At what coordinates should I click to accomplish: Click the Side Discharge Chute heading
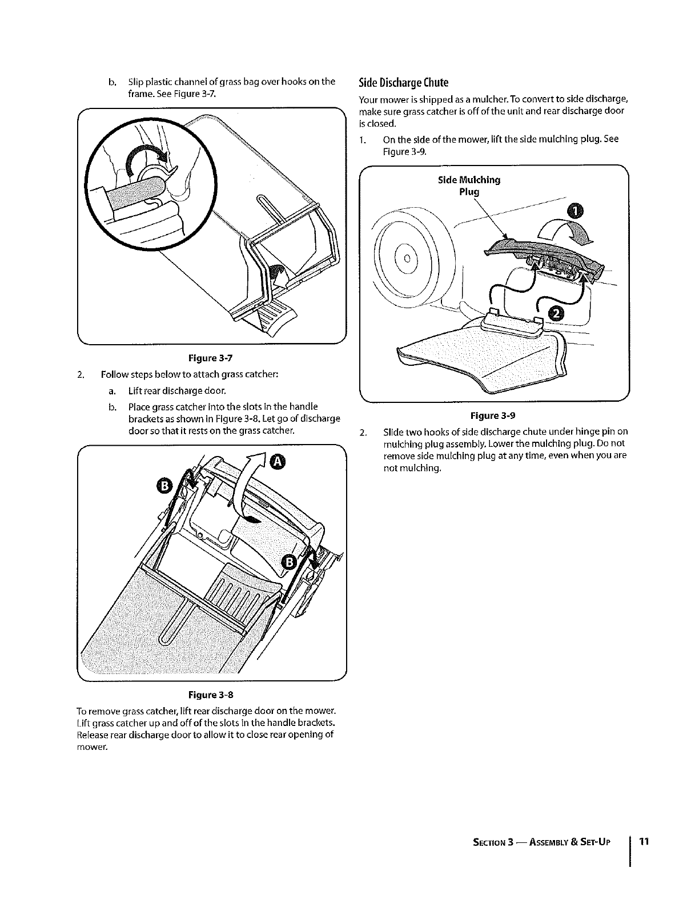click(403, 82)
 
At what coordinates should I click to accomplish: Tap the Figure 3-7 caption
click(210, 358)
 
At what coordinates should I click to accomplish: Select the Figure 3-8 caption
click(211, 695)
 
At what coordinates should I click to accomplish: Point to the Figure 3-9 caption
click(493, 415)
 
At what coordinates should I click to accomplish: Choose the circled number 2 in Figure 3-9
click(557, 313)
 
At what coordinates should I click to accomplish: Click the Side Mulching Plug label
click(469, 185)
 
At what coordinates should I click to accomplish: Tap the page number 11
click(644, 841)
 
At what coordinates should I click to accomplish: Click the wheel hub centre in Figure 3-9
click(408, 258)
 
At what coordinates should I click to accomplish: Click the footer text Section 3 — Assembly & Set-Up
click(541, 842)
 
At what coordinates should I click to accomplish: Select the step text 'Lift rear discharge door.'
click(177, 390)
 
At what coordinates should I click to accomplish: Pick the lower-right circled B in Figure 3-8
click(288, 562)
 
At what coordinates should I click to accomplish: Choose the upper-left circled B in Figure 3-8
click(164, 486)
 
